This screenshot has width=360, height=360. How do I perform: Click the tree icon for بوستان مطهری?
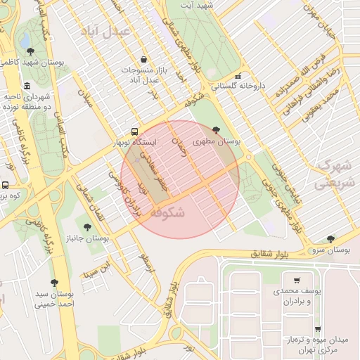point(215,129)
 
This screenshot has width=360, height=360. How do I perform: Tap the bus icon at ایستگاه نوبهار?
point(134,131)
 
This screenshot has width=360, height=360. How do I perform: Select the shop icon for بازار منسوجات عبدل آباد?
point(144,60)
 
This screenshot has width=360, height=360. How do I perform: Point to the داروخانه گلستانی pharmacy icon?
point(238,76)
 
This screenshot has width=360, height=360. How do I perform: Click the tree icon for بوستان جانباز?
point(87,227)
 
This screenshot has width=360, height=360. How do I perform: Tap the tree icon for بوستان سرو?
point(330,239)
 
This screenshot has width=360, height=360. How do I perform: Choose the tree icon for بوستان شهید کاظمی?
point(30,51)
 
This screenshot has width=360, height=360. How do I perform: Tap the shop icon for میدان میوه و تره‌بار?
point(317,329)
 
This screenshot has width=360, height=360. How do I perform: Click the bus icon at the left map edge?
point(5,185)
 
